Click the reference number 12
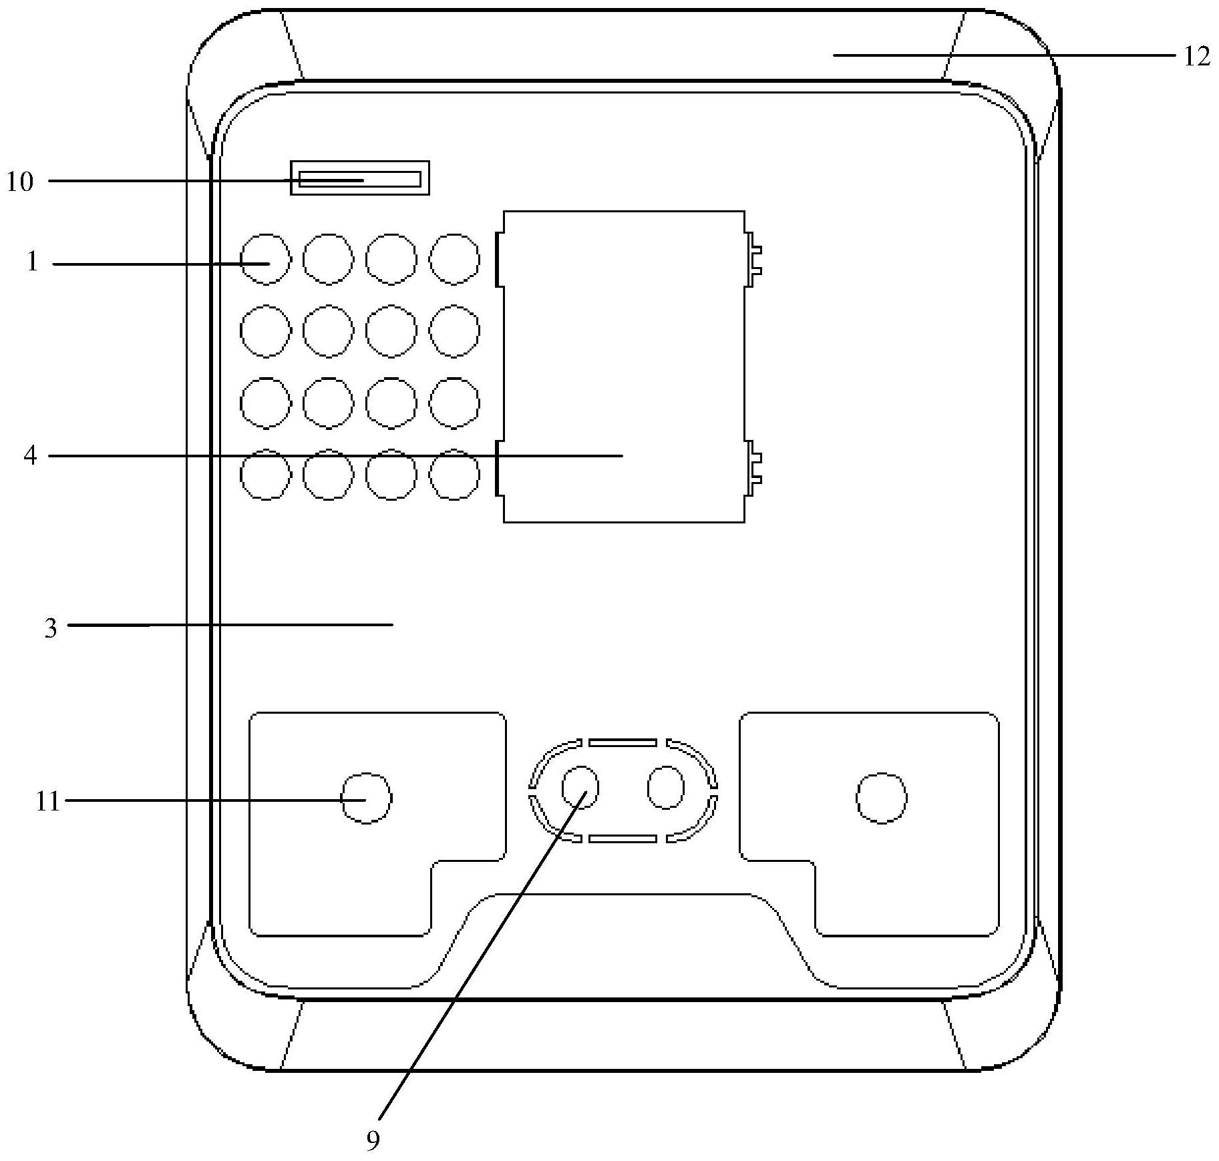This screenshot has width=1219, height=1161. pyautogui.click(x=1196, y=57)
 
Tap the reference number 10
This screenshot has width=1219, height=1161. pyautogui.click(x=20, y=181)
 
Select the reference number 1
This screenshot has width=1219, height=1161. pyautogui.click(x=32, y=262)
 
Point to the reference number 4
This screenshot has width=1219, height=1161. pyautogui.click(x=30, y=456)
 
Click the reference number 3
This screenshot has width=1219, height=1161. pyautogui.click(x=51, y=628)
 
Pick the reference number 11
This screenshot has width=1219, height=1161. pyautogui.click(x=47, y=800)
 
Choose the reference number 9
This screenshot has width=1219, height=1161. pyautogui.click(x=373, y=1140)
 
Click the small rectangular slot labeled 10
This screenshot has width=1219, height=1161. pyautogui.click(x=359, y=178)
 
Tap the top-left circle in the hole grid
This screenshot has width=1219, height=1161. pyautogui.click(x=266, y=259)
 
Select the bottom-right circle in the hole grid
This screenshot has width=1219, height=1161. pyautogui.click(x=454, y=474)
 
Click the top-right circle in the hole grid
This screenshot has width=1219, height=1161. pyautogui.click(x=454, y=259)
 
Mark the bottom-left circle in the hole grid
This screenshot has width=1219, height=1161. pyautogui.click(x=266, y=474)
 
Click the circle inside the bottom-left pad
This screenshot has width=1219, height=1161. pyautogui.click(x=366, y=798)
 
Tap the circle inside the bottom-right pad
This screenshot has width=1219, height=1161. pyautogui.click(x=882, y=798)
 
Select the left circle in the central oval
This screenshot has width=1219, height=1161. pyautogui.click(x=580, y=788)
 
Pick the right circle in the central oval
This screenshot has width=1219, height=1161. pyautogui.click(x=666, y=788)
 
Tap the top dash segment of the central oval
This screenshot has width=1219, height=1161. pyautogui.click(x=623, y=742)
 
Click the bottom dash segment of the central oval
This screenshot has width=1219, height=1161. pyautogui.click(x=623, y=839)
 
